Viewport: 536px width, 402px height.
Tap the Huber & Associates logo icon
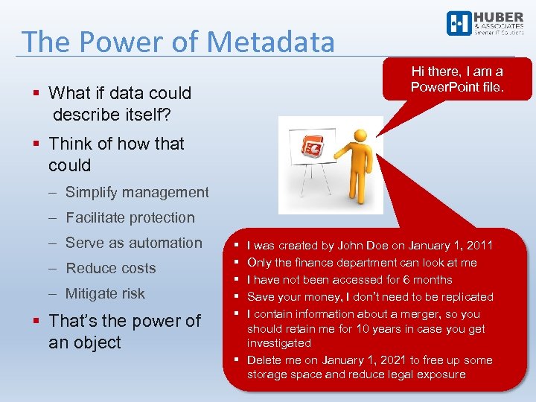pyautogui.click(x=458, y=23)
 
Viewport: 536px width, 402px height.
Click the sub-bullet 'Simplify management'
pyautogui.click(x=137, y=192)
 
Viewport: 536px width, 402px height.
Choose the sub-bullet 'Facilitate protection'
pyautogui.click(x=130, y=217)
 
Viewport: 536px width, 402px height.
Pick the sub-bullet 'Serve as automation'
pyautogui.click(x=133, y=243)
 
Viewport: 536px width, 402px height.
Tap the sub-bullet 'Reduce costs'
pyautogui.click(x=110, y=268)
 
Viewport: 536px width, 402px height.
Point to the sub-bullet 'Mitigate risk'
pyautogui.click(x=105, y=293)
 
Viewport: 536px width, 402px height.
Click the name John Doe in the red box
pyautogui.click(x=361, y=245)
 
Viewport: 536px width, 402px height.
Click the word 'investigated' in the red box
pyautogui.click(x=278, y=343)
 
